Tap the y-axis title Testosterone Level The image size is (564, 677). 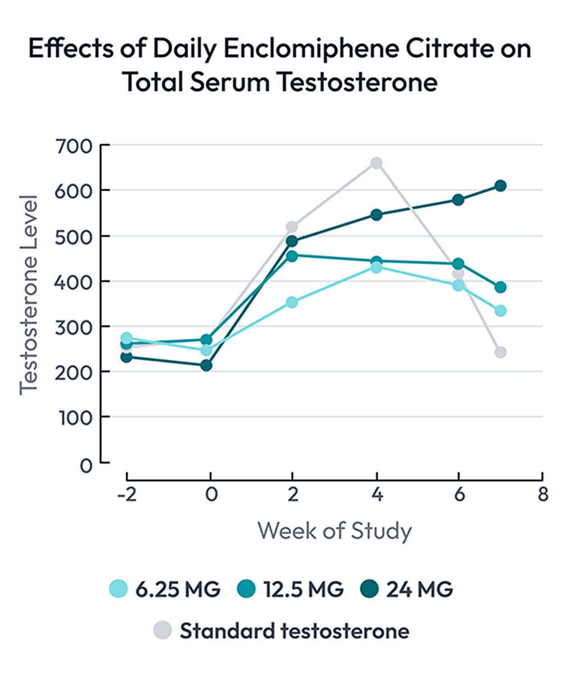[28, 295]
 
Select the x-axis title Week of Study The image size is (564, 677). [334, 530]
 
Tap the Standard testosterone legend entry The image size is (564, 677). [281, 630]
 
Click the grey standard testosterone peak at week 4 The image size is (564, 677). [376, 163]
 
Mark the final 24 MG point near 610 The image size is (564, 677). [500, 186]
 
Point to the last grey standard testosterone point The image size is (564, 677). [500, 352]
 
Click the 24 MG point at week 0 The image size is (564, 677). [207, 365]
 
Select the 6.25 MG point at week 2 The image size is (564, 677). [291, 302]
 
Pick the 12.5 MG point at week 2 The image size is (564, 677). [291, 257]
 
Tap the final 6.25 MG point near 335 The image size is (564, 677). [500, 310]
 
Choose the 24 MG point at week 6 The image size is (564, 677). [458, 200]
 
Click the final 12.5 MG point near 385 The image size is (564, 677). [500, 287]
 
